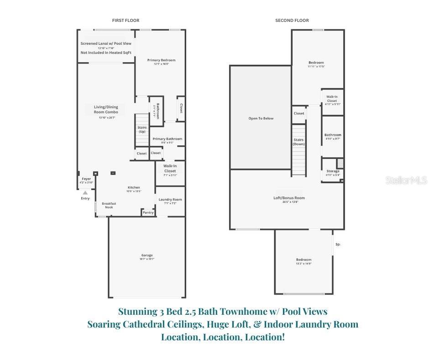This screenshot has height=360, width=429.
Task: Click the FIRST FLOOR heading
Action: [126, 21]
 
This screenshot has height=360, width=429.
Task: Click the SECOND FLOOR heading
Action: [292, 21]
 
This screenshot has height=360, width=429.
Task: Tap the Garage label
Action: [147, 255]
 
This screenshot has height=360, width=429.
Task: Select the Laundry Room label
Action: [170, 200]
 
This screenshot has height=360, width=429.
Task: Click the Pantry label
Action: [148, 212]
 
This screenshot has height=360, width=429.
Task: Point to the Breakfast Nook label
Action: [109, 206]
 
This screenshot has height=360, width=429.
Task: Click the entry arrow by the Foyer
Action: [85, 193]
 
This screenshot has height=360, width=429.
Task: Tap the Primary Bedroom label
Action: [161, 60]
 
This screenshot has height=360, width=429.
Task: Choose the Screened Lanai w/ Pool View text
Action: [106, 43]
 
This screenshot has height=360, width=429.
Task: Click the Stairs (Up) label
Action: [142, 130]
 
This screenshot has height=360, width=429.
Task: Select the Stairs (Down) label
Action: [298, 142]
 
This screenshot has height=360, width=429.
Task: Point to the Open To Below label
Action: [261, 118]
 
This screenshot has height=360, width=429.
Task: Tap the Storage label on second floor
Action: [333, 171]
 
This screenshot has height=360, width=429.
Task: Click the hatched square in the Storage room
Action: [340, 163]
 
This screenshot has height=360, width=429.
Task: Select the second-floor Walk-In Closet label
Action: [332, 99]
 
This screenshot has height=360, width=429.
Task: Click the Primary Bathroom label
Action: [167, 139]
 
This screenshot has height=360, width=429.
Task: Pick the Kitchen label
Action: [134, 188]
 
